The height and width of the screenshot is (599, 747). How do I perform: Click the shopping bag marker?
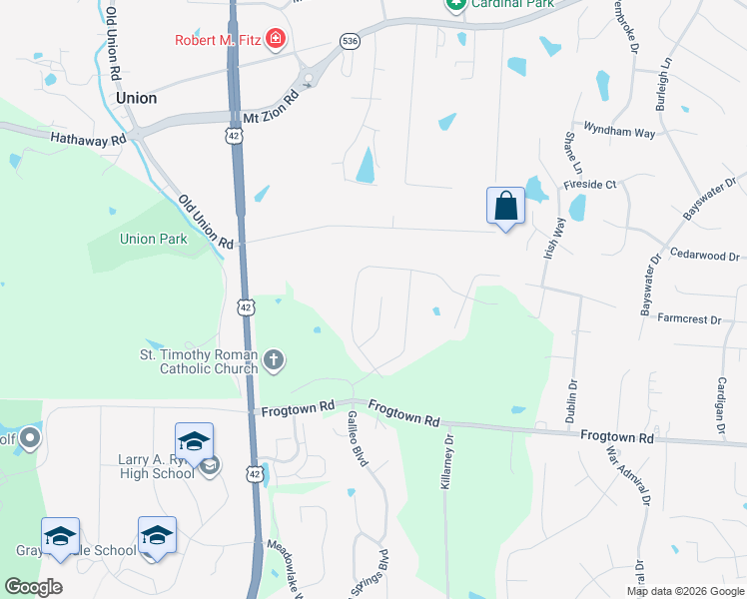point(506,207)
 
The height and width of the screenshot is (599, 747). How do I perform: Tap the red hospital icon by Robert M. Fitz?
point(275,41)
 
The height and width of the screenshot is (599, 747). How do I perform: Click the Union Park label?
point(153,239)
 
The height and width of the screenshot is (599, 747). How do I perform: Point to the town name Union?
point(136,98)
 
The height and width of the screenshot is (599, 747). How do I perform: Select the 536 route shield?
point(349,41)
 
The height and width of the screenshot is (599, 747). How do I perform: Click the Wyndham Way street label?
point(619,132)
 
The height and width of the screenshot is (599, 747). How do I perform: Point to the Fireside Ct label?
point(591,184)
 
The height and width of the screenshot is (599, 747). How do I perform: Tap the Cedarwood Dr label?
point(704,256)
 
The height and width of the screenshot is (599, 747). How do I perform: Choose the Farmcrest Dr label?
point(688,319)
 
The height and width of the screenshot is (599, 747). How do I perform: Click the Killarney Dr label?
point(447,459)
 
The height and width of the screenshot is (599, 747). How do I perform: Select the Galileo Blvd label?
point(351,438)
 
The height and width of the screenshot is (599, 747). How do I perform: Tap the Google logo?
point(33,587)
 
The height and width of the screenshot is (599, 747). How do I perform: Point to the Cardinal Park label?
point(511,4)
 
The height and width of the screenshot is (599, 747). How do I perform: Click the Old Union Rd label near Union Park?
point(206,223)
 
